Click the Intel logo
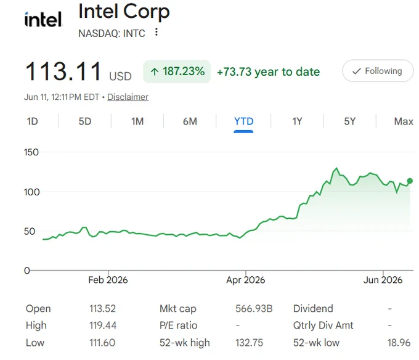(43, 19)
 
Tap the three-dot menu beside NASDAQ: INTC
(157, 32)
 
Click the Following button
(378, 71)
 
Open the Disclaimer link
(128, 97)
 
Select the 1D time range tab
(32, 121)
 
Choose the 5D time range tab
(84, 121)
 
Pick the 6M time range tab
(190, 121)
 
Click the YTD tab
(244, 121)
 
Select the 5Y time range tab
(350, 121)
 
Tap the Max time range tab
(404, 121)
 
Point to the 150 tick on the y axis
(31, 152)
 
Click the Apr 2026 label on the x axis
(246, 280)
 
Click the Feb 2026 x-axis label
(108, 280)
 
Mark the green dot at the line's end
(410, 181)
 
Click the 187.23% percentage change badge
(177, 72)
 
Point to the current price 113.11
(63, 72)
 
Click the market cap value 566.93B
(254, 309)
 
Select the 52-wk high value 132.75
(249, 343)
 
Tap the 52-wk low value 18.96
(399, 343)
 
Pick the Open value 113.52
(102, 309)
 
